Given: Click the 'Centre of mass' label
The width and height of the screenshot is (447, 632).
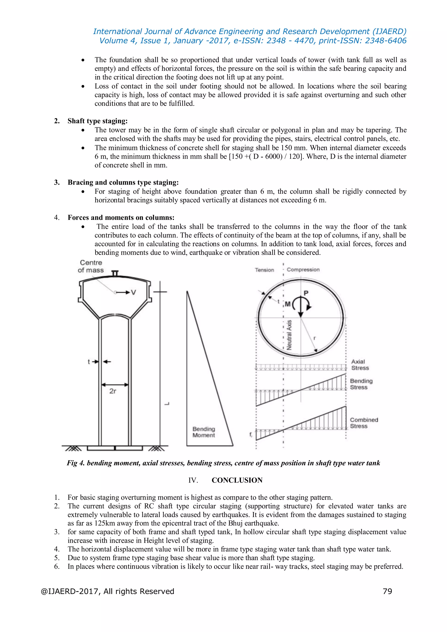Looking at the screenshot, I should pos(91,266).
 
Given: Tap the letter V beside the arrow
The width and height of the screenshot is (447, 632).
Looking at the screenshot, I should pos(134,292).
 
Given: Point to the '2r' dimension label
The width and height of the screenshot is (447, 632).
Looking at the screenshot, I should pos(113,391).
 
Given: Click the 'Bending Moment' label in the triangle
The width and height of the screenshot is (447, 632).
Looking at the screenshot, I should pos(204,432).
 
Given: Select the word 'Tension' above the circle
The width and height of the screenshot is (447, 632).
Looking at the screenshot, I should pos(264,270).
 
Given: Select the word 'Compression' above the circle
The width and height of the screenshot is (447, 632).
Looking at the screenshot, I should pos(303,269).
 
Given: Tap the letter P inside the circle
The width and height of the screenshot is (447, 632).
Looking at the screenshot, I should pos(306,293).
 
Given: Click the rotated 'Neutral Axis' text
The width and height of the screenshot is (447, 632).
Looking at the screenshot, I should pos(289,335).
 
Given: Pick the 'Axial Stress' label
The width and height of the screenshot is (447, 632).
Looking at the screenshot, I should pos(359,365).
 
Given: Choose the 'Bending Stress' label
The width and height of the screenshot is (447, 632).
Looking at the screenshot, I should pos(361,384).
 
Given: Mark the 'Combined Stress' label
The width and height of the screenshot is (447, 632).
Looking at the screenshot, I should pos(364,423).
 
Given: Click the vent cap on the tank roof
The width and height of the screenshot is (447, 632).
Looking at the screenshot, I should pos(115,273).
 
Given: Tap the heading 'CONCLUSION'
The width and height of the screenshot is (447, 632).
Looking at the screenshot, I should pos(237,480).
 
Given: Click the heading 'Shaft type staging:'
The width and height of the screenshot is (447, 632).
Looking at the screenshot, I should pos(98,121).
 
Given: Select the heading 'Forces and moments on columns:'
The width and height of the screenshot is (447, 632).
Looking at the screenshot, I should pos(121,218).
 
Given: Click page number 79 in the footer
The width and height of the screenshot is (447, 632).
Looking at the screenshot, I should pos(387,591).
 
